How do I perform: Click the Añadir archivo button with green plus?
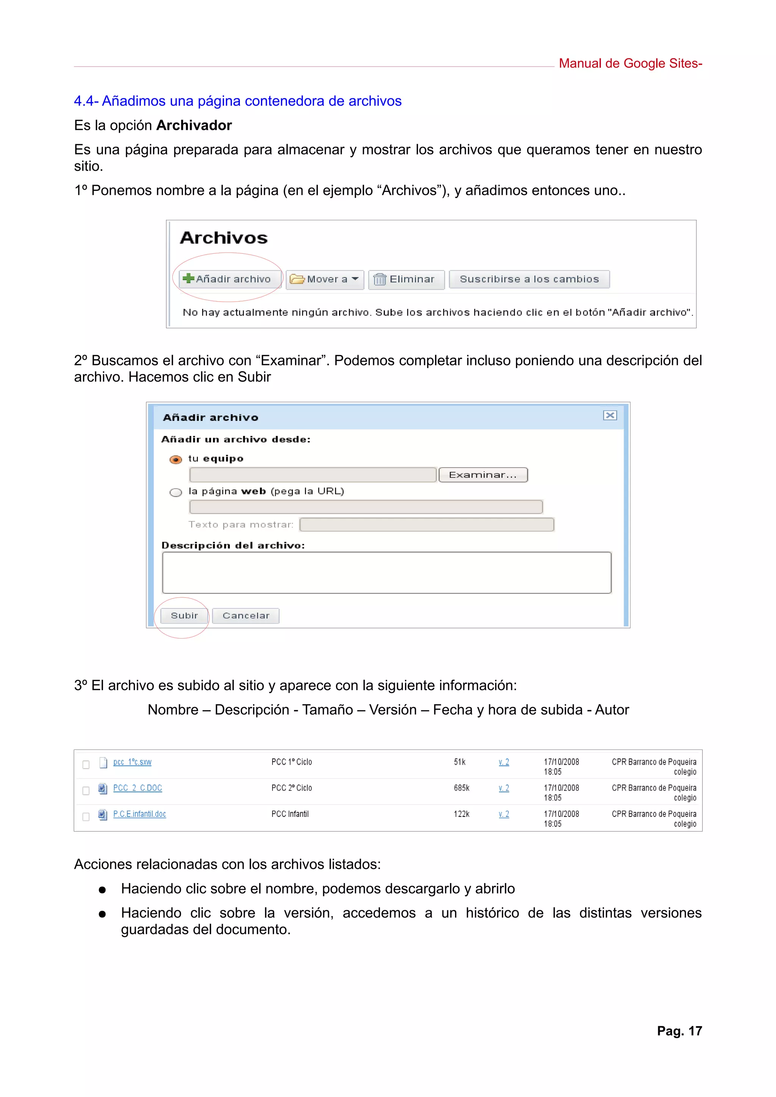click(x=227, y=279)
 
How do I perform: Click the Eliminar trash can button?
click(x=405, y=279)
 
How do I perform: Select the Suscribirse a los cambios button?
click(x=529, y=279)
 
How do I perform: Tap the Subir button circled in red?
click(x=184, y=616)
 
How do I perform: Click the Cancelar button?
click(x=246, y=616)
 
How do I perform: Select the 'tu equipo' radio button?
click(x=176, y=460)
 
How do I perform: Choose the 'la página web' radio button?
click(x=176, y=492)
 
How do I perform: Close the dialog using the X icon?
click(x=610, y=415)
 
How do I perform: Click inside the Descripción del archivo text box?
click(x=386, y=572)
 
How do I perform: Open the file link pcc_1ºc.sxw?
click(x=132, y=762)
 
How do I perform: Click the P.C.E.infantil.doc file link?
click(x=139, y=814)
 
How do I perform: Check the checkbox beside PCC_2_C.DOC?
click(x=86, y=791)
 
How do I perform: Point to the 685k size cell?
click(x=462, y=788)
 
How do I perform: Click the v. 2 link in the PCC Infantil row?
click(x=504, y=814)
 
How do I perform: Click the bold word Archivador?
click(x=194, y=125)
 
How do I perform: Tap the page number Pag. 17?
click(x=679, y=1031)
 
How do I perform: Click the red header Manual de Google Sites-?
click(x=630, y=64)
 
